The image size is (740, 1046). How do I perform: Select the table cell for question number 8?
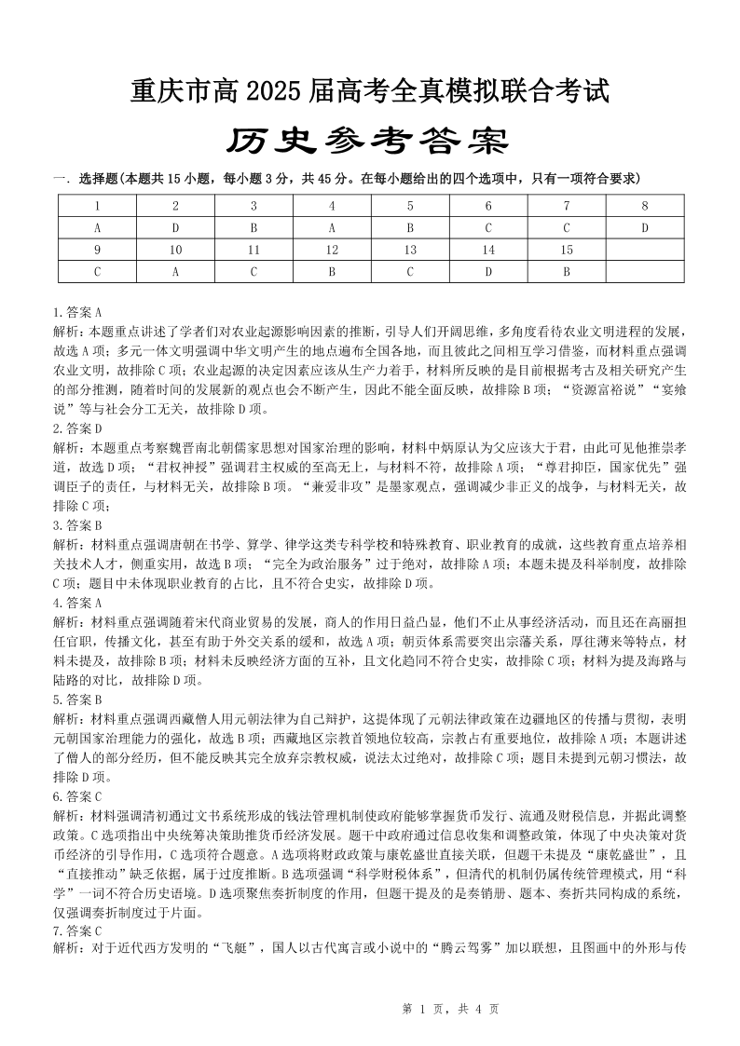point(644,205)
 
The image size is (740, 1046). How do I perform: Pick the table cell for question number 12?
point(332,250)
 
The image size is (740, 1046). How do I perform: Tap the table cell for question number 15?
point(566,250)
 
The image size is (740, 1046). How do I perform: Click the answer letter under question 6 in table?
point(487,227)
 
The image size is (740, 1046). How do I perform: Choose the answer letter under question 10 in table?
point(175,272)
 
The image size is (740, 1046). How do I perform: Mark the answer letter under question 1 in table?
point(97,227)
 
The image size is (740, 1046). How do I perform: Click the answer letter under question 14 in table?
point(487,272)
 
